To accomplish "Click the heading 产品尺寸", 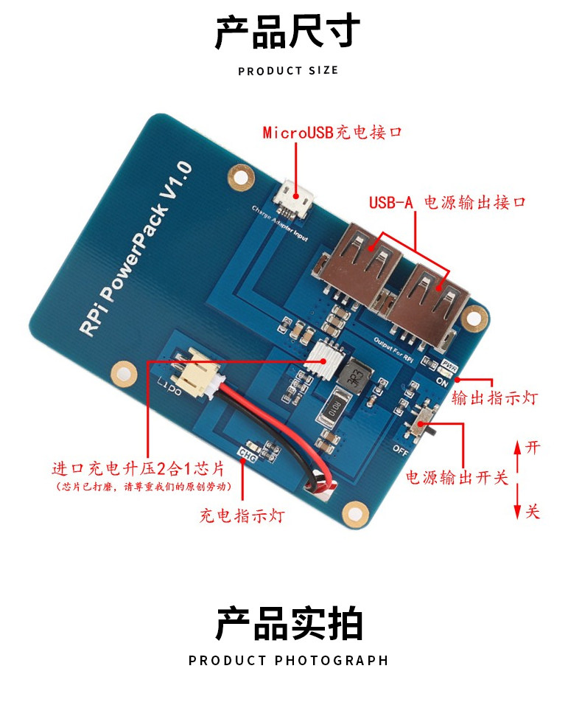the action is (x=288, y=33).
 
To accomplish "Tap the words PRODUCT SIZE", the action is (x=288, y=71).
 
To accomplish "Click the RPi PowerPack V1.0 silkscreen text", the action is (x=136, y=250).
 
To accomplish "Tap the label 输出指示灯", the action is (x=494, y=399).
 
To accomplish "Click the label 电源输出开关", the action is (x=457, y=477).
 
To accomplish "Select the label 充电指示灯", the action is (x=242, y=515).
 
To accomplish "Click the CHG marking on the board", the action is (x=245, y=456).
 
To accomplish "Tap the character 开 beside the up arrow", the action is (x=533, y=448).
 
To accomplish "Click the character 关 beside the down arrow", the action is (x=533, y=510).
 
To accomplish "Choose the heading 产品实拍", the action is (x=288, y=623).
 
